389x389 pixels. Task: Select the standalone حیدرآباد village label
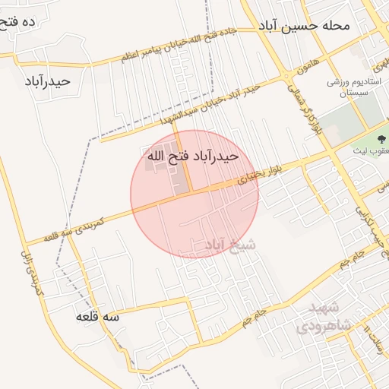point(47,81)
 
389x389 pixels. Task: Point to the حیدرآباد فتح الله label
point(192,156)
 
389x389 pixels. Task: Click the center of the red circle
point(194,194)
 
